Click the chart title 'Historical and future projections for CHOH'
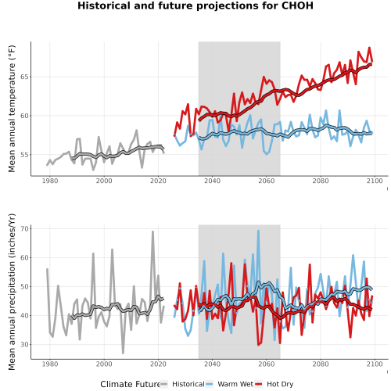[x=195, y=5]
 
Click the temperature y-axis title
[x=12, y=109]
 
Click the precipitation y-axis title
[x=12, y=292]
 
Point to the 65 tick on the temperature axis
[x=24, y=77]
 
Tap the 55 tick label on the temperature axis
[x=24, y=155]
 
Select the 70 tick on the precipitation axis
[x=24, y=228]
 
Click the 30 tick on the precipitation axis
[x=24, y=344]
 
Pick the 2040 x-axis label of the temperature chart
[x=212, y=181]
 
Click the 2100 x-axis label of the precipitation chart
[x=375, y=364]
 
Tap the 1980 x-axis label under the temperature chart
[x=50, y=181]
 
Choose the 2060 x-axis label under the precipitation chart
[x=267, y=364]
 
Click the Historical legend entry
[x=182, y=384]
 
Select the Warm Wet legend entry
[x=229, y=384]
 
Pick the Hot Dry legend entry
[x=274, y=384]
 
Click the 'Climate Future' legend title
[x=130, y=384]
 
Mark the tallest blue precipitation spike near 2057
[x=258, y=231]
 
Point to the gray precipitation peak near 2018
[x=152, y=231]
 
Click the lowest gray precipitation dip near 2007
[x=123, y=353]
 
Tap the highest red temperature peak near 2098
[x=369, y=48]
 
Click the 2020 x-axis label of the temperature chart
[x=158, y=181]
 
